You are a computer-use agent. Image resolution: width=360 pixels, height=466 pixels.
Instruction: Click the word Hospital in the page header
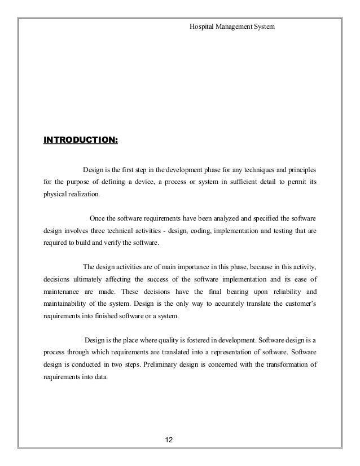201,27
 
